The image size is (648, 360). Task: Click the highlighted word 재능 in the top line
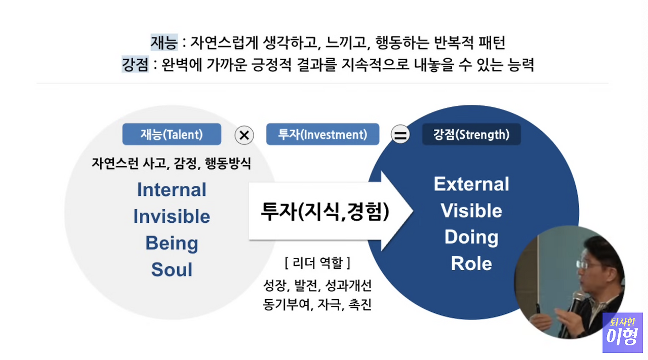164,43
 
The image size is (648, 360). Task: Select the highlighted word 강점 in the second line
135,65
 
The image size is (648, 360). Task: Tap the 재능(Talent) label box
172,135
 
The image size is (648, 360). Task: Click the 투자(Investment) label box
322,135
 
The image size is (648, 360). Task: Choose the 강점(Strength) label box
471,135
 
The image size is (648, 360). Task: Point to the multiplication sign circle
245,135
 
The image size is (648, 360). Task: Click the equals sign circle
400,135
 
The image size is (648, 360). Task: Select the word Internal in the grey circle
172,190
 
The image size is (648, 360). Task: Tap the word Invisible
172,217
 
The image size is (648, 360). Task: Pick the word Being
172,243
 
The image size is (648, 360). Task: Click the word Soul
172,270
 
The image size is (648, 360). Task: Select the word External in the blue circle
471,184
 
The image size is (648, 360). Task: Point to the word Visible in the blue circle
471,211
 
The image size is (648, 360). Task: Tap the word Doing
471,237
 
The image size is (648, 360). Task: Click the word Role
471,263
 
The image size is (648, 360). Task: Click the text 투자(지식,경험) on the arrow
325,212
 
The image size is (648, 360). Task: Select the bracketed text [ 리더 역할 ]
317,263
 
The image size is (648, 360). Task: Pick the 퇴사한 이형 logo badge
622,332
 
